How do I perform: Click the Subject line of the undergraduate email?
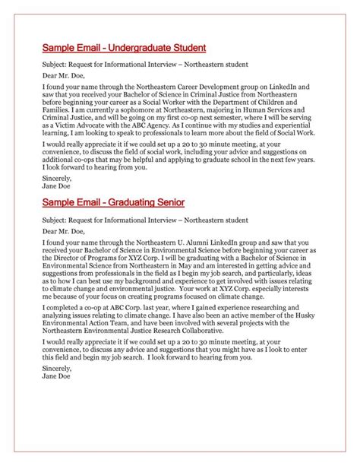(x=145, y=64)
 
